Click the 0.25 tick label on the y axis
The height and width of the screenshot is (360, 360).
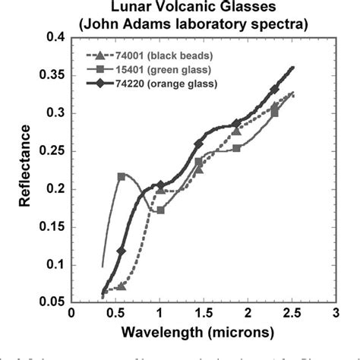(x=50, y=151)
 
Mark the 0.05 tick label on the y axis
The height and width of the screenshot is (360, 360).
(x=50, y=302)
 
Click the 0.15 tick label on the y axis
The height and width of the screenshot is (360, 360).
(x=50, y=227)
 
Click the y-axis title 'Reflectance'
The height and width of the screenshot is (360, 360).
(x=17, y=169)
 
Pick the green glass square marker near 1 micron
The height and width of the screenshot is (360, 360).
(x=160, y=210)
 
